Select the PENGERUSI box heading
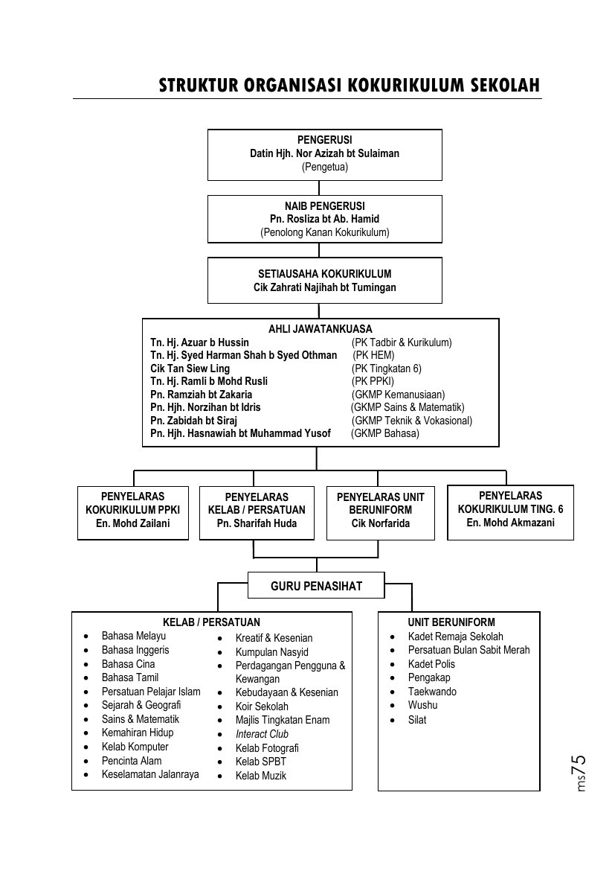(325, 140)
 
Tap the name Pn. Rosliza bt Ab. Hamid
(325, 219)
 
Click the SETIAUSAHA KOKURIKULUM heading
(325, 274)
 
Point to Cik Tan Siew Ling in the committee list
(190, 368)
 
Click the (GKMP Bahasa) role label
(385, 433)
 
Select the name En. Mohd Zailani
(132, 523)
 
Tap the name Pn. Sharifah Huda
(257, 523)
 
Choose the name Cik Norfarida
(380, 523)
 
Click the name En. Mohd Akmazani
(511, 522)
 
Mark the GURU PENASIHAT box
(316, 585)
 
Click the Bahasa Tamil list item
(130, 677)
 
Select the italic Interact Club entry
(262, 734)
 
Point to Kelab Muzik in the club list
(261, 776)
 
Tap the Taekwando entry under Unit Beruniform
(432, 692)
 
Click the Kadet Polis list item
(431, 664)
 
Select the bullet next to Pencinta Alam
(86, 761)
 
